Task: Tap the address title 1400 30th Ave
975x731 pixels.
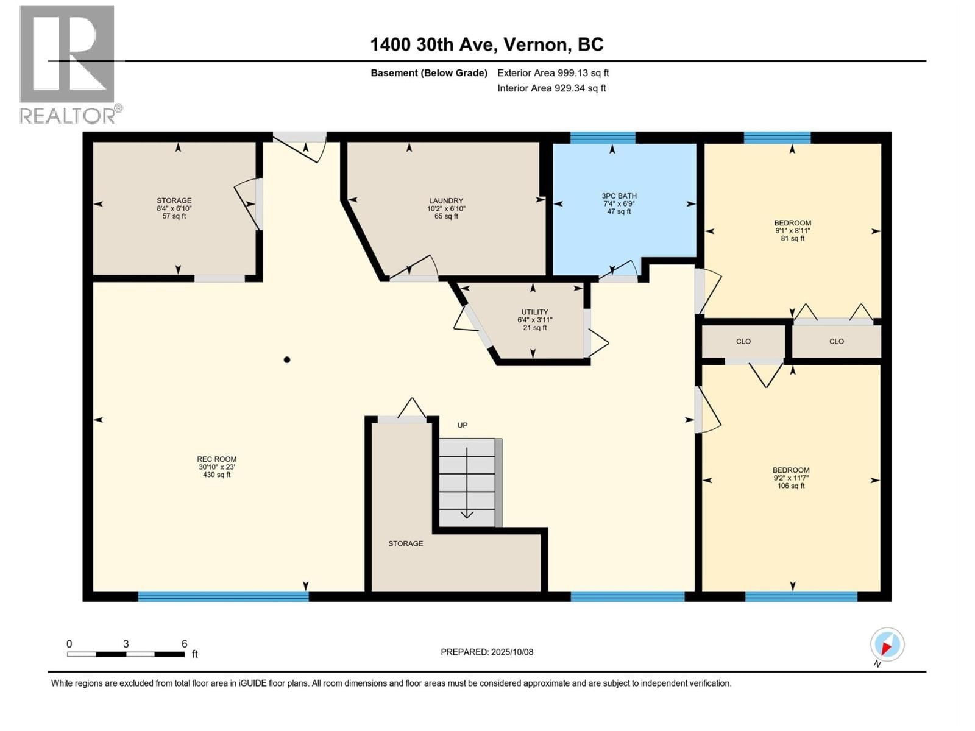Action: click(486, 44)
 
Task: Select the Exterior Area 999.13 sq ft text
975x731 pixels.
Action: click(553, 73)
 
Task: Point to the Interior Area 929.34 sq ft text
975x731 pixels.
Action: click(551, 88)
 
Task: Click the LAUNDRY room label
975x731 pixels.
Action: click(446, 208)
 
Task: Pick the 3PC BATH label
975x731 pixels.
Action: click(619, 203)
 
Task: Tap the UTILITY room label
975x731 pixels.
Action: click(534, 319)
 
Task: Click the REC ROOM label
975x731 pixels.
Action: click(216, 467)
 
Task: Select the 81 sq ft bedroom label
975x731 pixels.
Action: click(792, 230)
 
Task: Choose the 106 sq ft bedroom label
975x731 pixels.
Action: click(791, 478)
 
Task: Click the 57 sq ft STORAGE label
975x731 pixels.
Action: click(174, 208)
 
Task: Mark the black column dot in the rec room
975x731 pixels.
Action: click(287, 360)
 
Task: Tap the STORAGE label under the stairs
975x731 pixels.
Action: click(405, 543)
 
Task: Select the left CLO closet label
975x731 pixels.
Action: click(743, 341)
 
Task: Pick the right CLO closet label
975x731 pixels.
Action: click(836, 341)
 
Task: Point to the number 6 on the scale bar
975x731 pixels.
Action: click(184, 644)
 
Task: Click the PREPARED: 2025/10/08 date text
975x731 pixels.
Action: click(486, 652)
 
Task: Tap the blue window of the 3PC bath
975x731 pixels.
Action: click(602, 138)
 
